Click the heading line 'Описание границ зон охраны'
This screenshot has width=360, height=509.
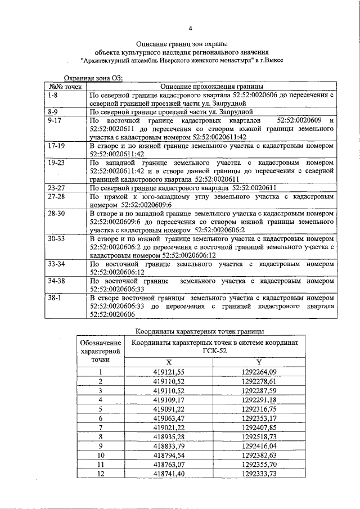(182, 43)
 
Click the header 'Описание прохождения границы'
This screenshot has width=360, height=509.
(211, 87)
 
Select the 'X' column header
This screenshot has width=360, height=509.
(169, 362)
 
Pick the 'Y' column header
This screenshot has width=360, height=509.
(259, 362)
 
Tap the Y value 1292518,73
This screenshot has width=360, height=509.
(259, 436)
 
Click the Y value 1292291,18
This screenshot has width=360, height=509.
(259, 399)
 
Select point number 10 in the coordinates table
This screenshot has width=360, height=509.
(101, 455)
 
